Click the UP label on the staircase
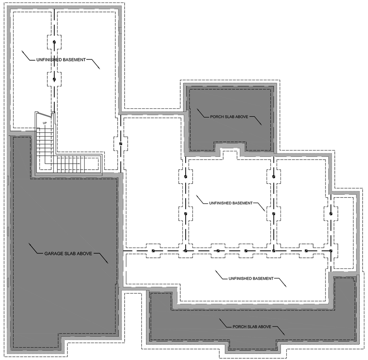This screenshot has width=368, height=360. (x=45, y=122)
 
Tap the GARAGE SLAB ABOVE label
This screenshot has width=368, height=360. (x=67, y=253)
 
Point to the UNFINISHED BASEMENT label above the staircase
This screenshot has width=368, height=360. (x=61, y=60)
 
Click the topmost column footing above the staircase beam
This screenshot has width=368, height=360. (x=54, y=43)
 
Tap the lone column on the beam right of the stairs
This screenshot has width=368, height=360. (x=121, y=144)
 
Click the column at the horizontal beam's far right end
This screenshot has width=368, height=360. (x=331, y=250)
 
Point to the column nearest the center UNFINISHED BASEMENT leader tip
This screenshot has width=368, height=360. (x=274, y=213)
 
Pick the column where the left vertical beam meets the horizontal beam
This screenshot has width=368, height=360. (x=185, y=250)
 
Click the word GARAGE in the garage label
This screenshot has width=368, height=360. (x=53, y=253)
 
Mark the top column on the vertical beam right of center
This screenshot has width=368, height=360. (x=274, y=176)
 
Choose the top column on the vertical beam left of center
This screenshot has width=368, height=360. (x=185, y=176)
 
